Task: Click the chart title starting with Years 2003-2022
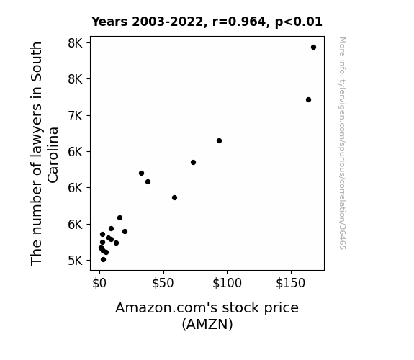click(x=207, y=22)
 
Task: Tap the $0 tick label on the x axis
click(x=99, y=283)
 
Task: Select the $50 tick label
click(x=163, y=283)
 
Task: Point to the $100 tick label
click(x=227, y=283)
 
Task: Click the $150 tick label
click(x=291, y=283)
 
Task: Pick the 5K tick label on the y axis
click(x=76, y=261)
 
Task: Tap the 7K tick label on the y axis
click(x=76, y=116)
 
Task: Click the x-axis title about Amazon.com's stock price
click(x=207, y=316)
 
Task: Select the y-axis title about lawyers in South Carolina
click(x=44, y=153)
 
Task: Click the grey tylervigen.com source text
click(x=342, y=143)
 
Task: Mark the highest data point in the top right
click(x=313, y=48)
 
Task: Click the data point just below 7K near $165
click(x=308, y=99)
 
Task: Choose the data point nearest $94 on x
click(x=219, y=141)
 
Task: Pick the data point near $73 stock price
click(x=193, y=162)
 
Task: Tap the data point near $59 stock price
click(x=174, y=197)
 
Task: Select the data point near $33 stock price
click(x=141, y=173)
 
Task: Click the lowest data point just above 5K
click(x=103, y=260)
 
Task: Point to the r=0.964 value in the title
click(x=239, y=22)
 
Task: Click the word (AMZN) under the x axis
click(x=207, y=324)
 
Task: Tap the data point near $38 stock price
click(x=148, y=181)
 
